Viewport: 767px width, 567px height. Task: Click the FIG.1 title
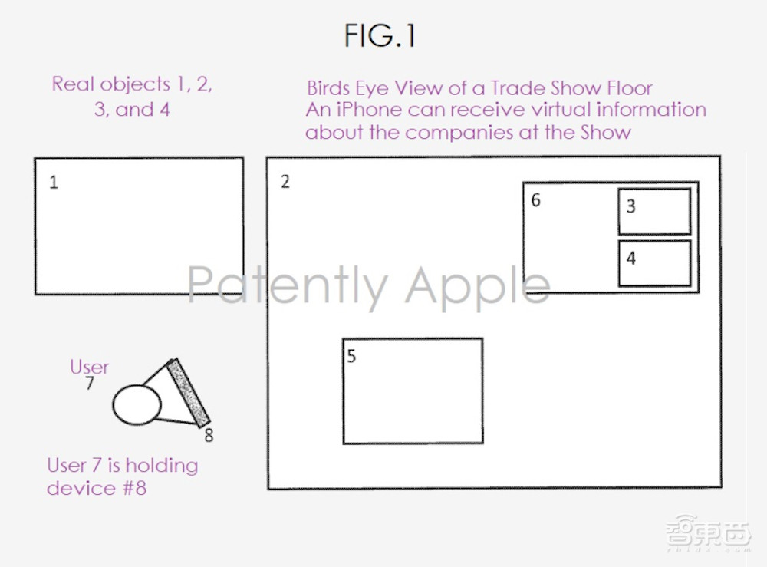tap(380, 36)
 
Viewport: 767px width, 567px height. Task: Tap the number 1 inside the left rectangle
tap(54, 183)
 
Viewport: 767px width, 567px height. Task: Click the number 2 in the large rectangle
tap(285, 182)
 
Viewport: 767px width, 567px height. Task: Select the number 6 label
tap(536, 200)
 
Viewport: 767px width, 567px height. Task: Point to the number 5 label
tap(351, 356)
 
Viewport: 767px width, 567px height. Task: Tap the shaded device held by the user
tap(189, 394)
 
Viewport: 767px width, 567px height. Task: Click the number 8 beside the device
tap(209, 435)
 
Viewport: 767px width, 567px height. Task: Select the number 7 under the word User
tap(90, 383)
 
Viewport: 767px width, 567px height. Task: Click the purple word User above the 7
tap(90, 367)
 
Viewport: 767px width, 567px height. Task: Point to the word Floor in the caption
tap(630, 88)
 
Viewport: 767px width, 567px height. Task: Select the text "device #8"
tap(97, 488)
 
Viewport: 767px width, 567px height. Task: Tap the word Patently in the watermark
tap(288, 286)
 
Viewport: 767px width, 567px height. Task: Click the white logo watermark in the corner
tap(708, 532)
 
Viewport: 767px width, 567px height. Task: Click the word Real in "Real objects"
tap(73, 84)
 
